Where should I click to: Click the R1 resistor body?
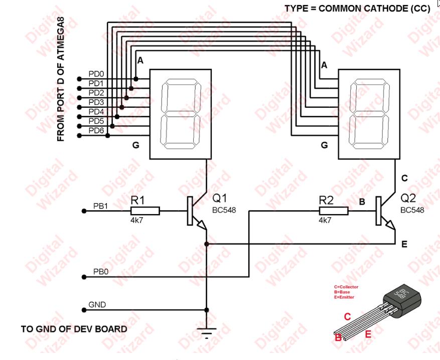[x=145, y=211]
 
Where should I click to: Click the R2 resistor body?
[x=333, y=211]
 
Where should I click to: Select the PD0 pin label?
[x=96, y=74]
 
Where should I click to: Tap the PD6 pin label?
[x=96, y=131]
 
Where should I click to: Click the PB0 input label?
[x=101, y=271]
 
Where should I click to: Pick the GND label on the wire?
[x=97, y=304]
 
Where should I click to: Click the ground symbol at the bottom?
[x=206, y=331]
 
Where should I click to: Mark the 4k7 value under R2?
[x=325, y=220]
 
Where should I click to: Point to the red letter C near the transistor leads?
[x=347, y=317]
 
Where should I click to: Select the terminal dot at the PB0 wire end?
[x=84, y=276]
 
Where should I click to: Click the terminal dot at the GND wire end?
[x=84, y=309]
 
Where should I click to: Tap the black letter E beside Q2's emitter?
[x=404, y=245]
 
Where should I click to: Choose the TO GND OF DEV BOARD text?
[x=74, y=329]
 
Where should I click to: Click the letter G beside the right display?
[x=324, y=145]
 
